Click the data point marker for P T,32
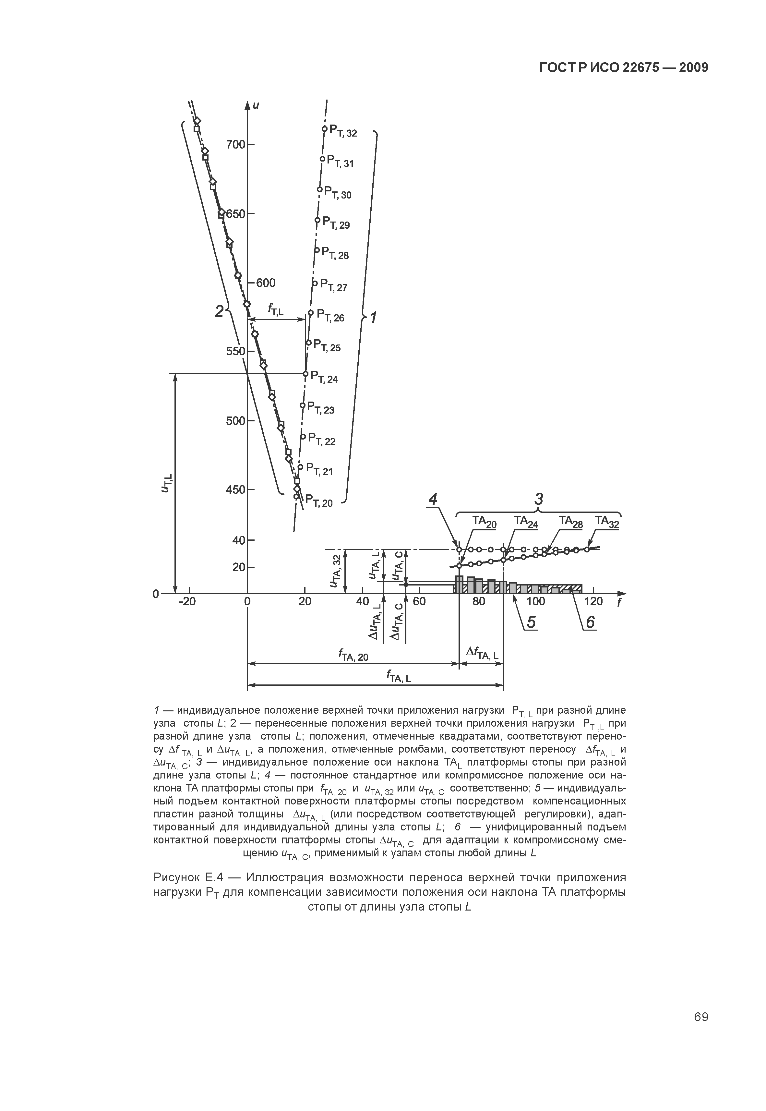pyautogui.click(x=324, y=129)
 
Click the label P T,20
pyautogui.click(x=319, y=501)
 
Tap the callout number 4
pyautogui.click(x=433, y=500)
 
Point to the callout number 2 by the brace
pyautogui.click(x=219, y=312)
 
